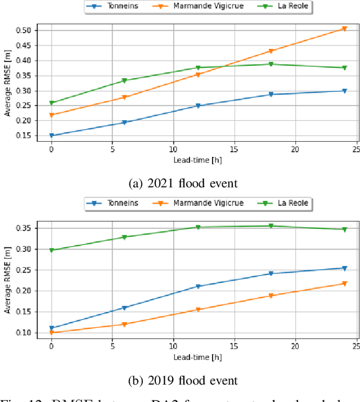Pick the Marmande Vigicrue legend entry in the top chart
200,7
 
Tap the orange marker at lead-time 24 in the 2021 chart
344,29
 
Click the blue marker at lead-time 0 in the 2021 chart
52,135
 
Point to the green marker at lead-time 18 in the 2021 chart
271,64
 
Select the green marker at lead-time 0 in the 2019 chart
52,250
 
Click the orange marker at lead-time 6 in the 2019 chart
124,324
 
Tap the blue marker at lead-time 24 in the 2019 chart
344,268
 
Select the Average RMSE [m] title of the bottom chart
7,280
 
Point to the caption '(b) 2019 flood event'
183,381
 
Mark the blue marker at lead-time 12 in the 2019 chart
197,286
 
